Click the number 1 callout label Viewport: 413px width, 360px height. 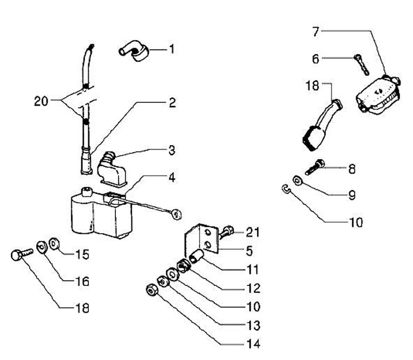click(170, 49)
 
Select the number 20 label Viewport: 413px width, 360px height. click(41, 102)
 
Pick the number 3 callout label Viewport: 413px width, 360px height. click(172, 150)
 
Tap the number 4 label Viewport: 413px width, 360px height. click(172, 177)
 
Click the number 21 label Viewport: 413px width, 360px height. click(253, 233)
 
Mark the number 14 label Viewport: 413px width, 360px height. click(252, 344)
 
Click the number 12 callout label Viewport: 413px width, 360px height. click(252, 288)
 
